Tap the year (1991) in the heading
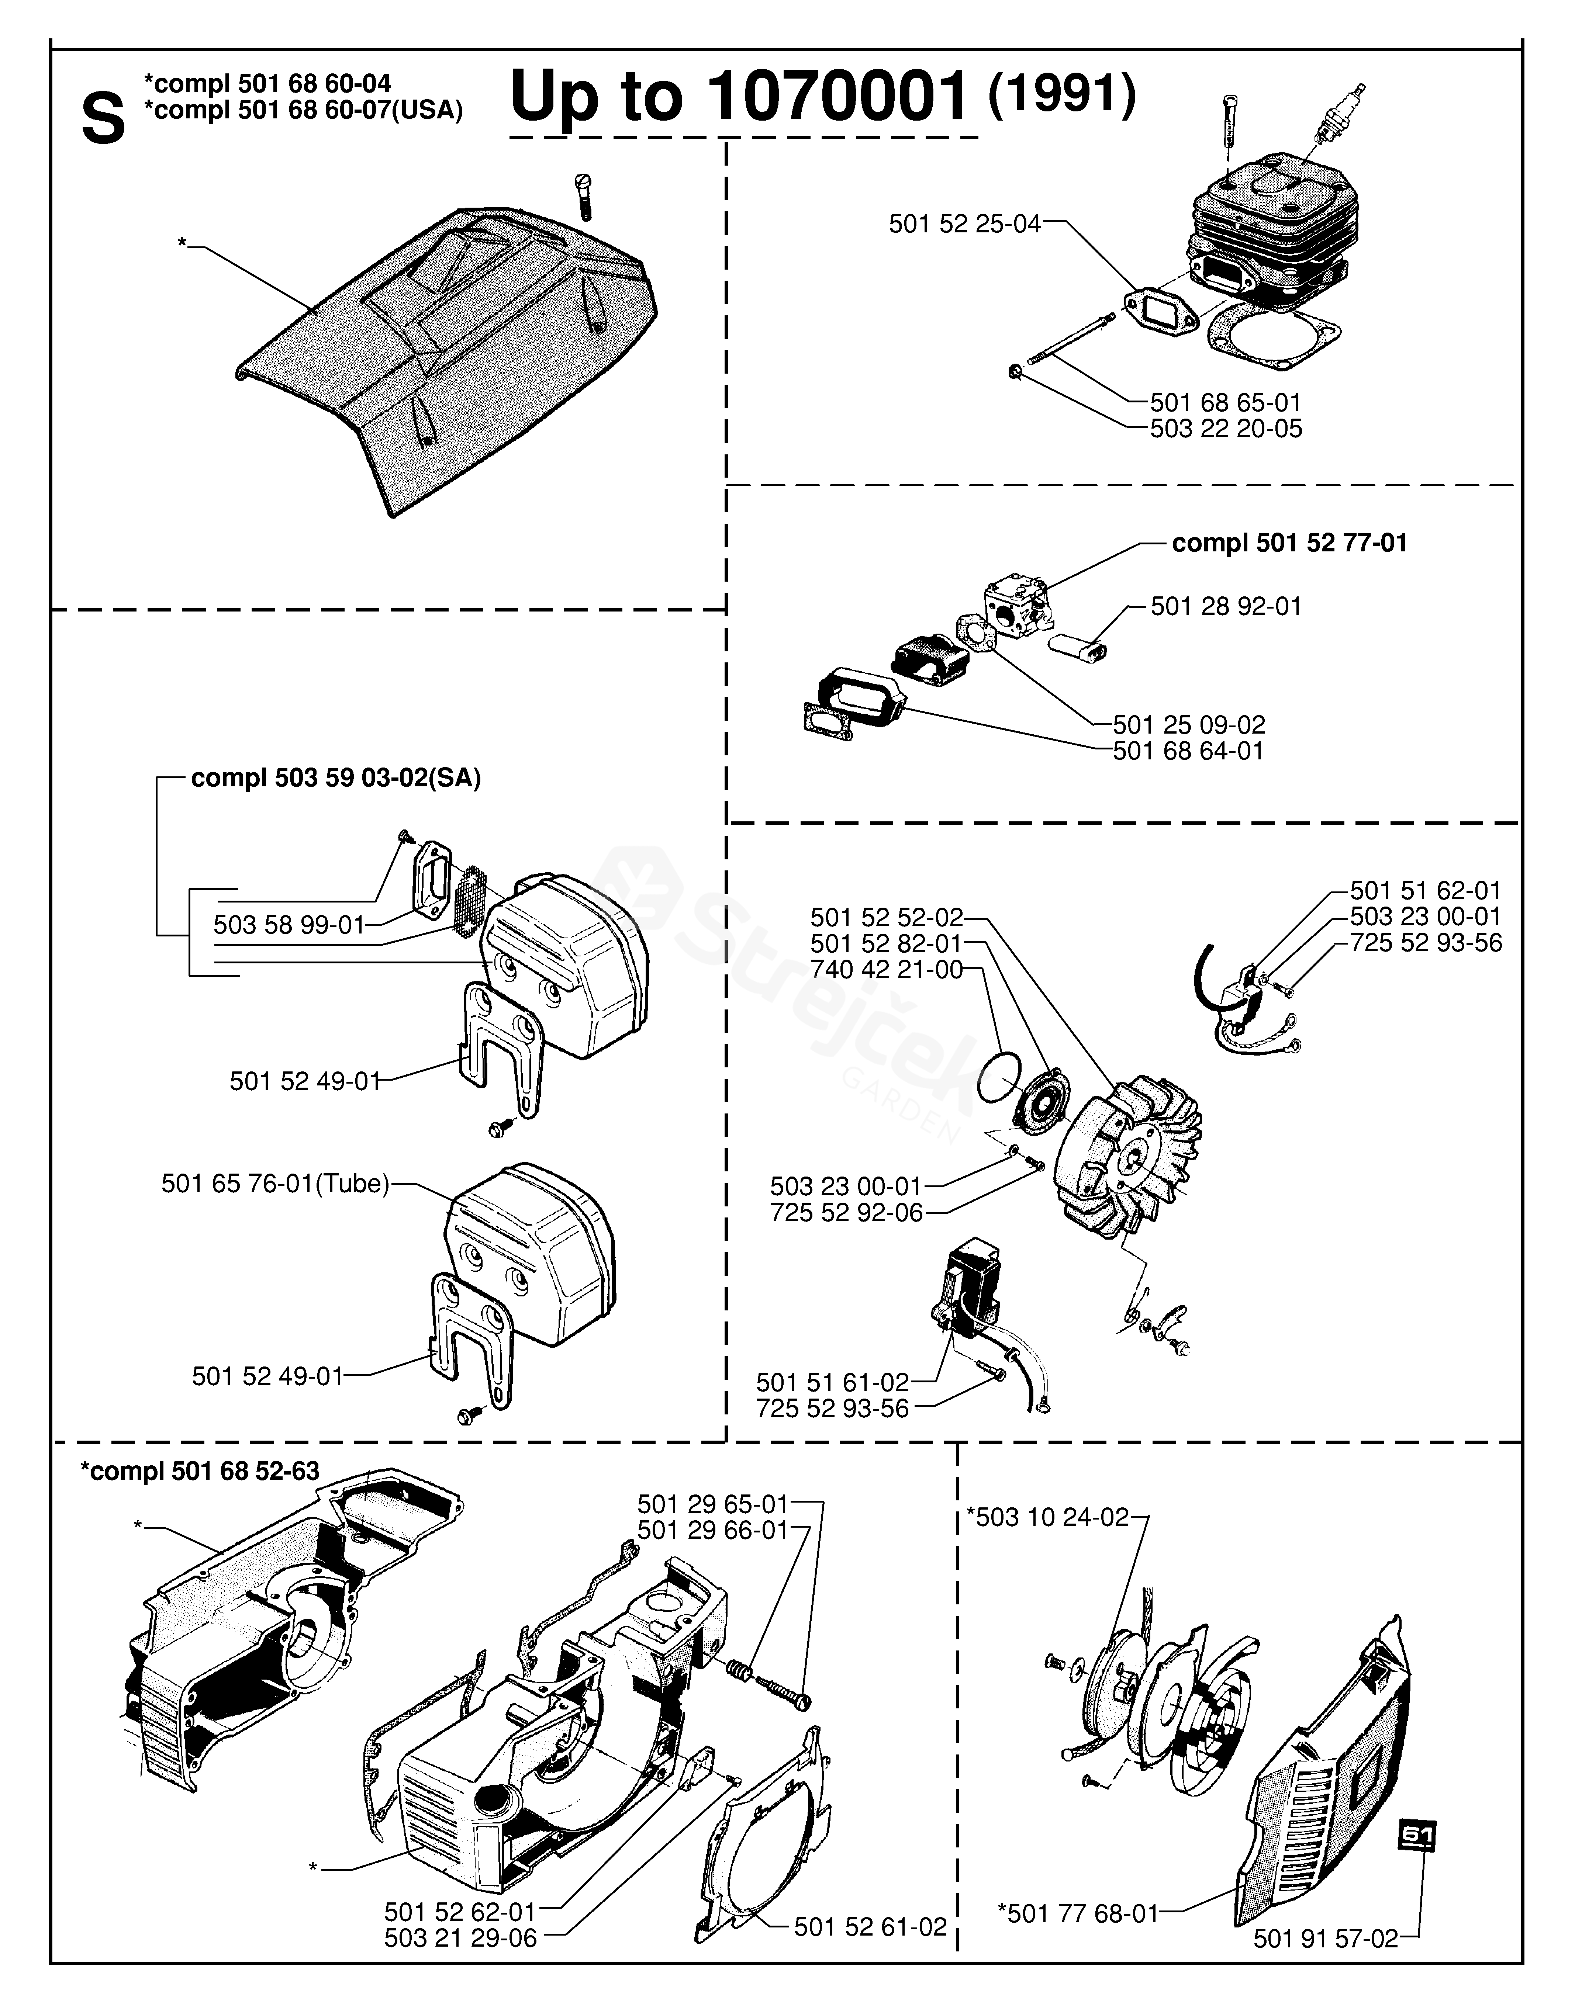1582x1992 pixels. (x=1061, y=94)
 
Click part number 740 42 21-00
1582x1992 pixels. (x=886, y=969)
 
